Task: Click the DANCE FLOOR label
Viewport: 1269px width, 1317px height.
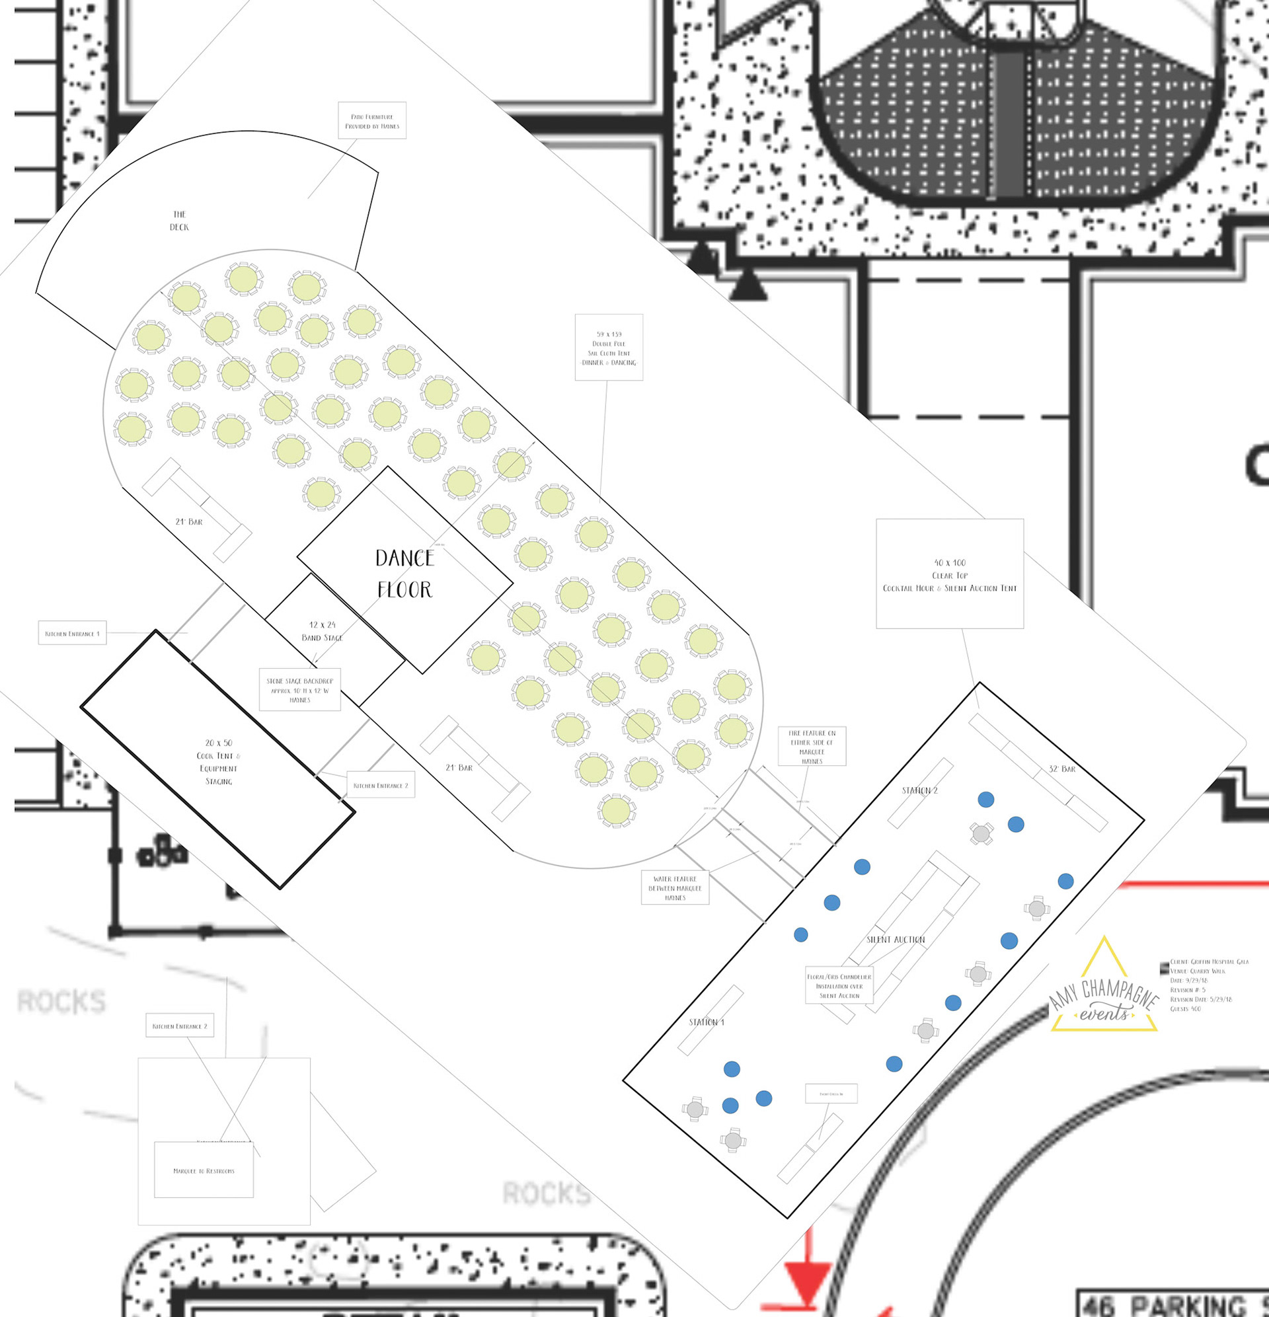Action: click(404, 573)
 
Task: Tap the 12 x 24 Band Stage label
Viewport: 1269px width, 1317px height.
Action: click(322, 631)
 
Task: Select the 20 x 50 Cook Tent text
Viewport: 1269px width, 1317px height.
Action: click(219, 762)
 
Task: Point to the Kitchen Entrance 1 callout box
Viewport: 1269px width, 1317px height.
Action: click(72, 633)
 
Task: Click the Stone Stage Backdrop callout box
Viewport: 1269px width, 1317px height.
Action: click(300, 689)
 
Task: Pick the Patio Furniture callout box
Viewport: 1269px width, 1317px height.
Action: click(371, 121)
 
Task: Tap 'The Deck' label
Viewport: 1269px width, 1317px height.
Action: click(179, 221)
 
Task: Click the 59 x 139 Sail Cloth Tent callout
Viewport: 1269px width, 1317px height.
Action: click(609, 348)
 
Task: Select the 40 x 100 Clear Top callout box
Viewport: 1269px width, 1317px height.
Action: click(949, 574)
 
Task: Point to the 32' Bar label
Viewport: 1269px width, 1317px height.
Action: click(1062, 769)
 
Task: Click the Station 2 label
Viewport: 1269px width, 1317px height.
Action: click(919, 790)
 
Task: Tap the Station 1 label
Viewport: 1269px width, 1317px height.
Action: click(707, 1022)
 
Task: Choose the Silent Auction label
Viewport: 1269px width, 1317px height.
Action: click(896, 940)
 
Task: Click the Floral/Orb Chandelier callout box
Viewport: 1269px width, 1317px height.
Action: click(839, 986)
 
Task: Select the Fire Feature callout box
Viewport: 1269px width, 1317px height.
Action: click(812, 747)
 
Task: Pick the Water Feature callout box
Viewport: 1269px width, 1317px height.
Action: click(675, 887)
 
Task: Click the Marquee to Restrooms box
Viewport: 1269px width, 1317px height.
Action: click(204, 1170)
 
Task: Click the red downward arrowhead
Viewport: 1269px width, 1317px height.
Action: click(806, 1283)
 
